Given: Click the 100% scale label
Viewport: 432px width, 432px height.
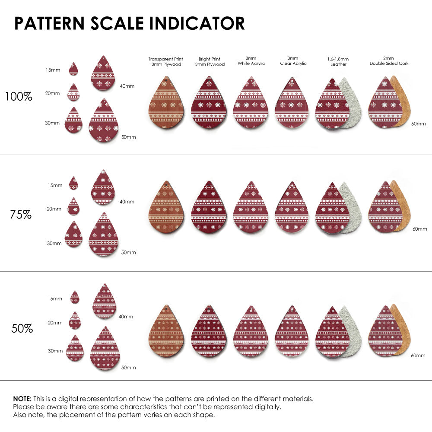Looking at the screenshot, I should [19, 97].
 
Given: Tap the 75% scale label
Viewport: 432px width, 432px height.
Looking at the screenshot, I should [21, 214].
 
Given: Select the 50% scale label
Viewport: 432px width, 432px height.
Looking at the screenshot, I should [22, 329].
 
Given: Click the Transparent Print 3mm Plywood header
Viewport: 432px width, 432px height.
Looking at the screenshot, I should [165, 61].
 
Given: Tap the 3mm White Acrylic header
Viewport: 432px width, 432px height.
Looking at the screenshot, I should [251, 60].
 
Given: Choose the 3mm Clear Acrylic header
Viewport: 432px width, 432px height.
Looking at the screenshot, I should [293, 60].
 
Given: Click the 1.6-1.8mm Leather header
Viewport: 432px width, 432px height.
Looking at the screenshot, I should [338, 61].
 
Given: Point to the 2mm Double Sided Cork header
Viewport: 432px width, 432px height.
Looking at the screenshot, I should [389, 60].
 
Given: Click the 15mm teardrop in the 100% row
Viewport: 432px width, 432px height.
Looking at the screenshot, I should [73, 69].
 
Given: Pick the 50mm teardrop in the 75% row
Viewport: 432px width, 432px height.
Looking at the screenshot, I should [103, 235].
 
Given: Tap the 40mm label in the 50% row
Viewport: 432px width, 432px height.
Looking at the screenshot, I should [126, 317].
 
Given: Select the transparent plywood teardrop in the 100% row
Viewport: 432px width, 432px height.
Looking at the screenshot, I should [166, 105].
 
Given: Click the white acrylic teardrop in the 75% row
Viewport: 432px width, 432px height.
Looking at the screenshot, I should [251, 209].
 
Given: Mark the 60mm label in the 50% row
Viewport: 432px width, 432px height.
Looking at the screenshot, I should [418, 355].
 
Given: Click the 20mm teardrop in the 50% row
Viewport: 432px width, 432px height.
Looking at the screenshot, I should [75, 321].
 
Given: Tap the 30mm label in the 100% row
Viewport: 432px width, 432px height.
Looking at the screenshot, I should [52, 123].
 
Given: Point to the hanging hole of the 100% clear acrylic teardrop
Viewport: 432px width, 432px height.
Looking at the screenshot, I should [292, 81].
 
